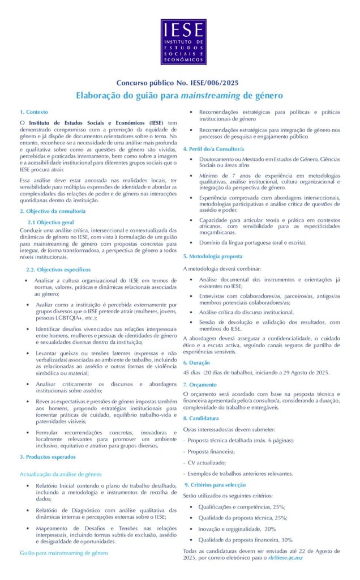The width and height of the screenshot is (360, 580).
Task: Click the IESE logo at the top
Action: (183, 42)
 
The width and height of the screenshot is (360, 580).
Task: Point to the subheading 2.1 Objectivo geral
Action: (51, 222)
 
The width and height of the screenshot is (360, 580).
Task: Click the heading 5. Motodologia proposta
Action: (213, 257)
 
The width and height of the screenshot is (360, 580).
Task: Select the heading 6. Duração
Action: (197, 362)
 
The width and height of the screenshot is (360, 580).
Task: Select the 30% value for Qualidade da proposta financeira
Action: (286, 540)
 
